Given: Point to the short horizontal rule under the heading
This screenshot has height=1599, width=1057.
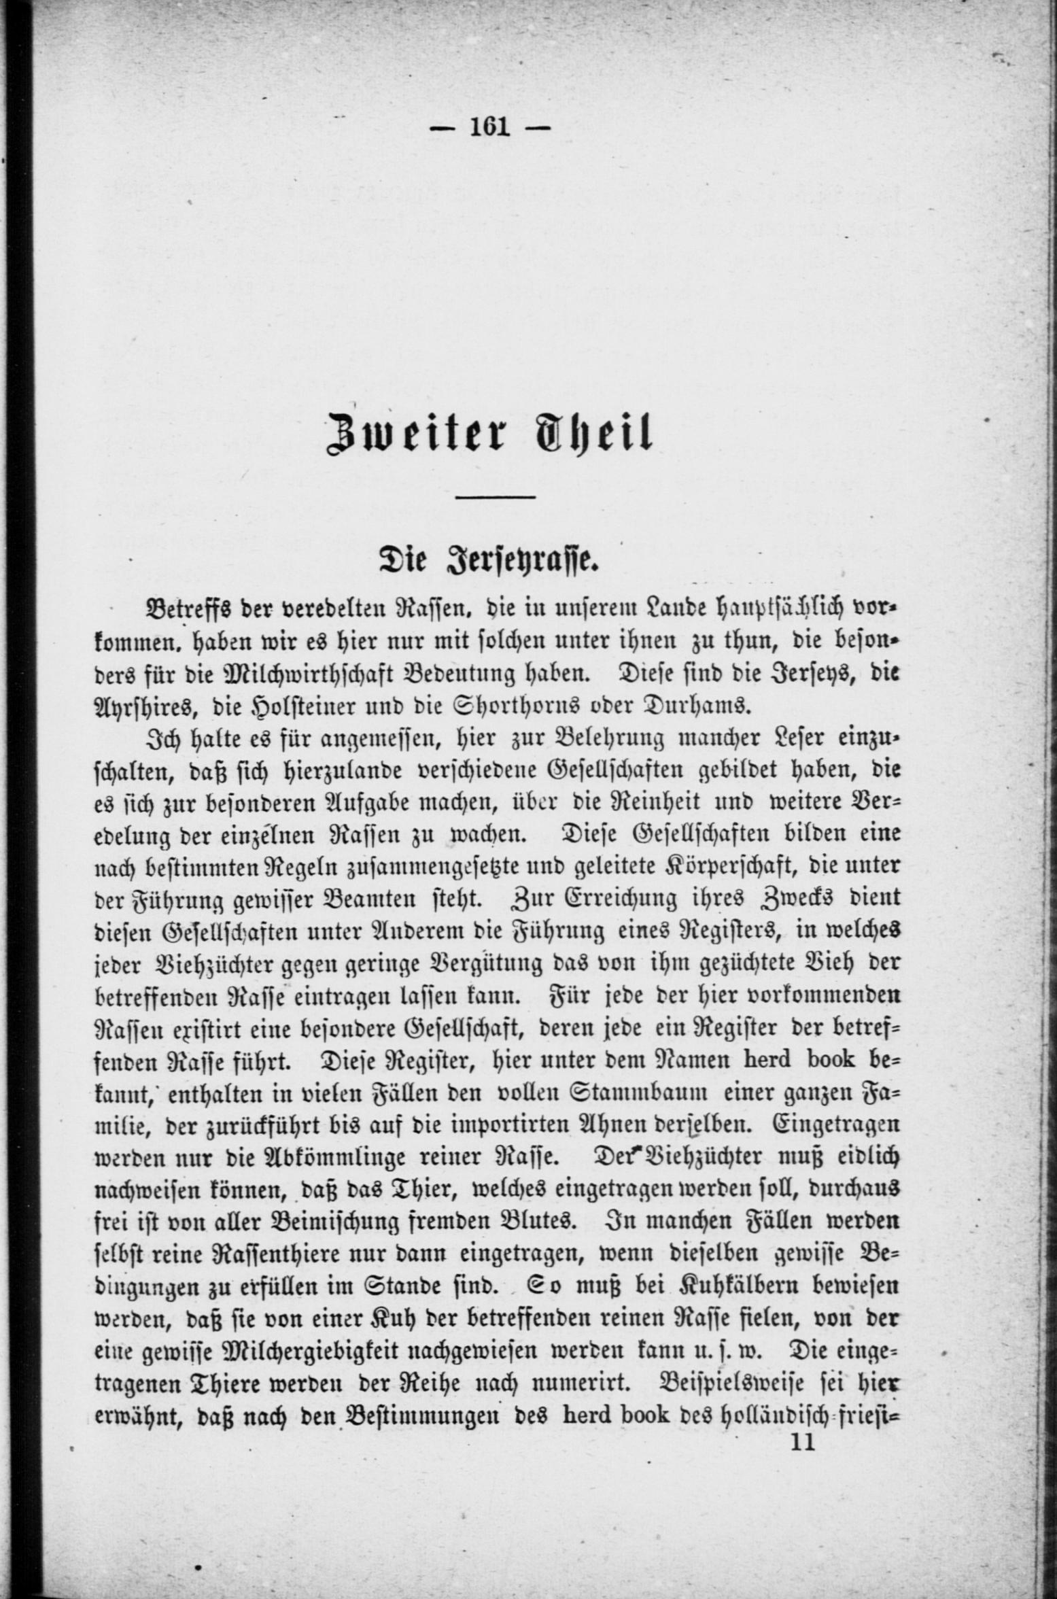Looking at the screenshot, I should pyautogui.click(x=495, y=498).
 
